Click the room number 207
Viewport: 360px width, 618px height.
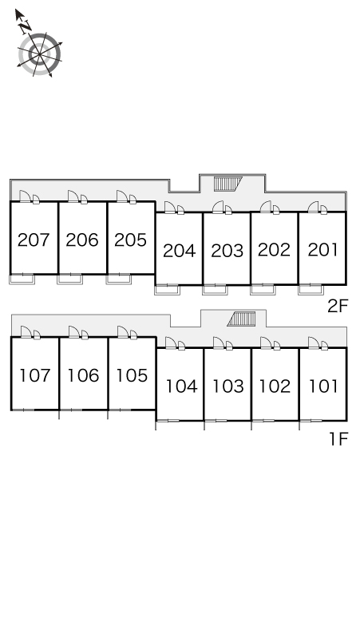(34, 240)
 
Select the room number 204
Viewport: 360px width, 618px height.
(180, 251)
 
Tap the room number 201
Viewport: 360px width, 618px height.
(322, 250)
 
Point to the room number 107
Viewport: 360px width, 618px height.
(35, 375)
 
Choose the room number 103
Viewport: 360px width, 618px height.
(228, 386)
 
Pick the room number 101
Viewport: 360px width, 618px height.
(323, 386)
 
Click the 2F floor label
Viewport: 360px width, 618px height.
(338, 306)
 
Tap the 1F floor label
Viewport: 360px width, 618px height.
(339, 439)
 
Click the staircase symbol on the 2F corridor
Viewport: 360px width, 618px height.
(227, 184)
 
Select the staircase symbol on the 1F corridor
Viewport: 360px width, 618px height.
(241, 319)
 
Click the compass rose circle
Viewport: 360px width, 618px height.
(39, 54)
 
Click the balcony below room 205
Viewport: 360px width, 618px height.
(119, 279)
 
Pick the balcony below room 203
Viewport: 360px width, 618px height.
(215, 290)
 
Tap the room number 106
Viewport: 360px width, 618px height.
(83, 375)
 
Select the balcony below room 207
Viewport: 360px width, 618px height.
(22, 279)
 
